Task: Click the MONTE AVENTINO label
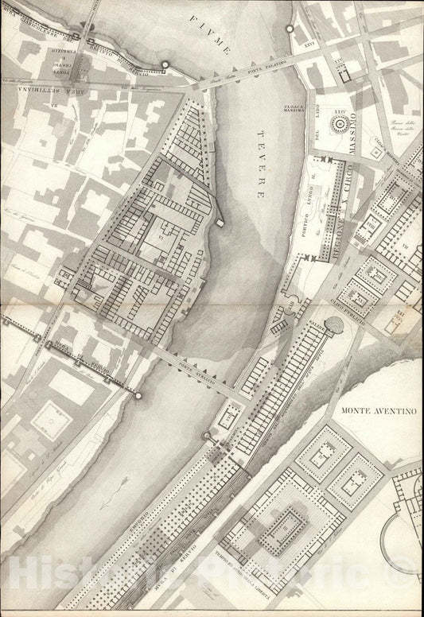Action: coord(379,411)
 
